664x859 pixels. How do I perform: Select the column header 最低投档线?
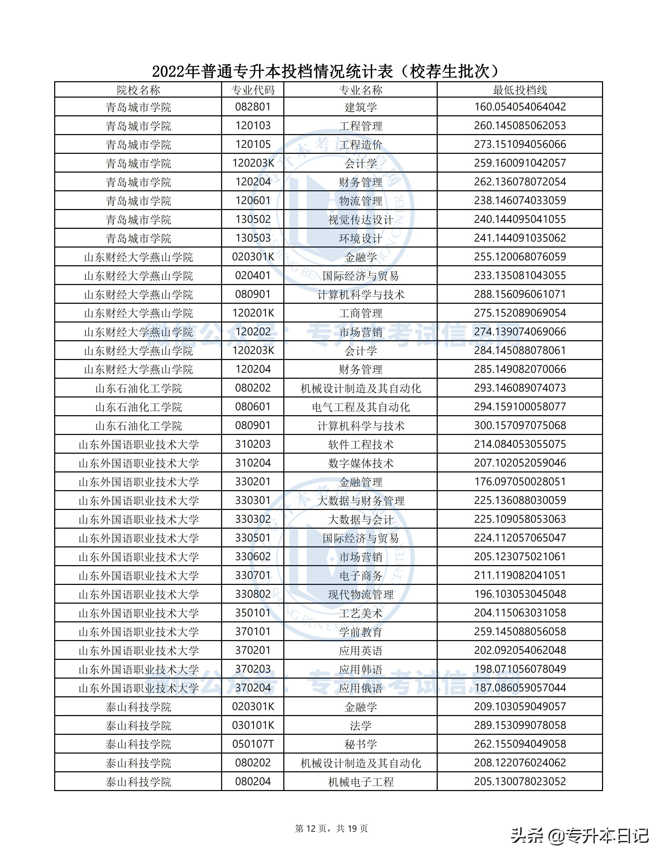(x=520, y=90)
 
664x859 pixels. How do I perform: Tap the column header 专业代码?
(x=253, y=90)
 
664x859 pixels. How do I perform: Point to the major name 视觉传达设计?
(x=360, y=219)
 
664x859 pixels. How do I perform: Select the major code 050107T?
(x=253, y=744)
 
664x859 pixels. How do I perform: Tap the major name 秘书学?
(x=360, y=744)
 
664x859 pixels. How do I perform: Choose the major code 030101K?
(x=253, y=725)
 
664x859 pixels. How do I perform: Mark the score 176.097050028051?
(x=520, y=482)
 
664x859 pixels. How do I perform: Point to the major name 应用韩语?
(x=360, y=669)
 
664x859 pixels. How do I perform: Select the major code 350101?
(x=253, y=613)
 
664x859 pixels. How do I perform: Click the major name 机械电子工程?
(x=360, y=782)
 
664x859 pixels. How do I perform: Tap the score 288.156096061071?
(x=520, y=294)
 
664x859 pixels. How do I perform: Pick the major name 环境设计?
(x=360, y=238)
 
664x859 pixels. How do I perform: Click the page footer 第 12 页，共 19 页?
(x=331, y=828)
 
